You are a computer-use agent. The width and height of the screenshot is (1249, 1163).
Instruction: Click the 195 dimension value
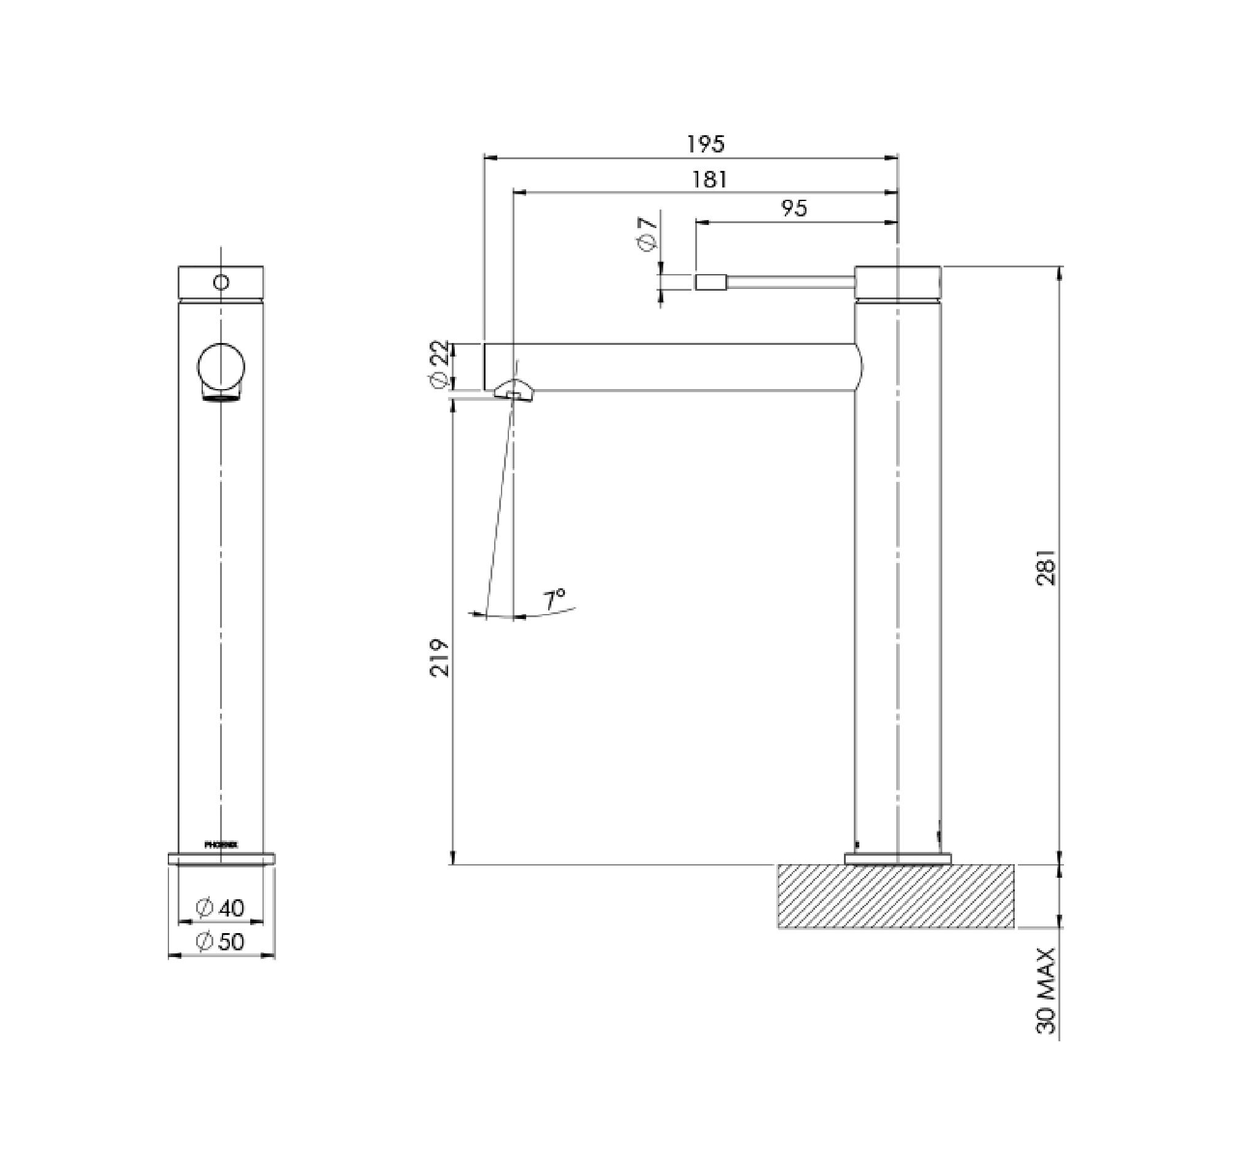[706, 144]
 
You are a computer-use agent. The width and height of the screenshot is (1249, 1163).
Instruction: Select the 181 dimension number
[709, 179]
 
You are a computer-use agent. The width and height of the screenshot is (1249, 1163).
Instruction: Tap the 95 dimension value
[794, 208]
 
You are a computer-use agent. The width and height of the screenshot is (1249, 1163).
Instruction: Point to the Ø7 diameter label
[648, 234]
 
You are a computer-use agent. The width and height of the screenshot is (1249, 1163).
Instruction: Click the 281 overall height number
[1046, 567]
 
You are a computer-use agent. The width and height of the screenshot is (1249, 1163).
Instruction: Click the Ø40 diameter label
[219, 907]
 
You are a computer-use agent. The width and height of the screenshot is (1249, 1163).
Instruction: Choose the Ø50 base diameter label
[219, 941]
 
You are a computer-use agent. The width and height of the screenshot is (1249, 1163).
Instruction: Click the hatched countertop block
[896, 896]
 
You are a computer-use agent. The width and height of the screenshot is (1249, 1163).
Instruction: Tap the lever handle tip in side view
[711, 282]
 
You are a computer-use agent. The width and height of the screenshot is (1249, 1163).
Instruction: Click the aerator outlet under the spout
[513, 393]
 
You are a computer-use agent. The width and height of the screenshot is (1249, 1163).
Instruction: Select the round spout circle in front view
[221, 366]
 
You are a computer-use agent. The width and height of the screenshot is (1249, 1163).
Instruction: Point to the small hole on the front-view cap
[221, 281]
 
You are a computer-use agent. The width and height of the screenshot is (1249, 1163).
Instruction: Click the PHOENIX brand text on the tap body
[221, 845]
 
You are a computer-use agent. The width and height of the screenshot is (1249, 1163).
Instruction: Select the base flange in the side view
[897, 858]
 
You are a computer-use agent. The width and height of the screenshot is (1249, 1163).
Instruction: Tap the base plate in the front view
[221, 857]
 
